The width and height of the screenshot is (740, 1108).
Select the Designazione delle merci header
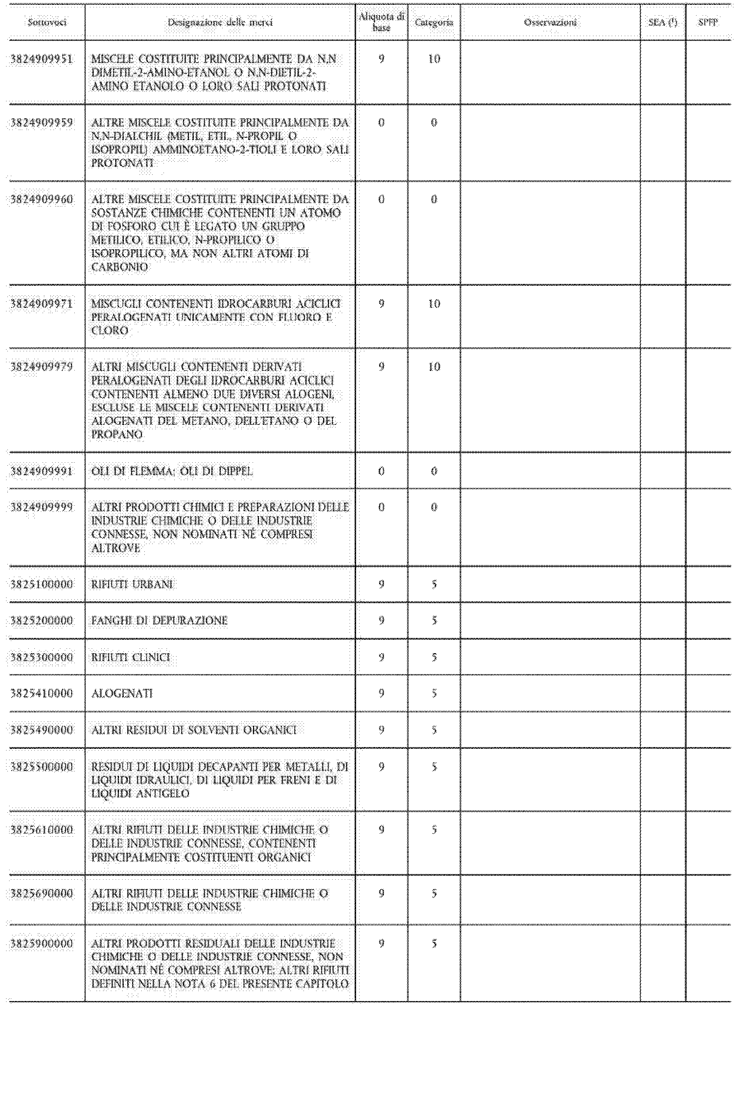tap(220, 22)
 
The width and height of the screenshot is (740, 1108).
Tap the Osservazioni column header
tap(550, 22)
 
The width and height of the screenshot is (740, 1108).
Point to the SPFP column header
tap(708, 22)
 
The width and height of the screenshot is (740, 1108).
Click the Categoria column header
tap(434, 22)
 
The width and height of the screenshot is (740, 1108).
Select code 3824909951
tap(42, 59)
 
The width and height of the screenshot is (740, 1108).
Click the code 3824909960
tap(42, 199)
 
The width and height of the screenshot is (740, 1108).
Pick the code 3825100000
tap(42, 584)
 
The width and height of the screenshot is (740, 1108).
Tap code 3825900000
tap(42, 943)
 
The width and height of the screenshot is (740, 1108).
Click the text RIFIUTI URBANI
tap(132, 584)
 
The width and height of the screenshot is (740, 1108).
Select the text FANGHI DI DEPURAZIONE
tap(160, 621)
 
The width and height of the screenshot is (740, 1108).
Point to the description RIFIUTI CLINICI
tap(131, 657)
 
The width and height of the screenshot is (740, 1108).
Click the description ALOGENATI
tap(122, 693)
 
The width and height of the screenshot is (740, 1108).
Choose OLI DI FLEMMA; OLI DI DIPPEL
tap(172, 471)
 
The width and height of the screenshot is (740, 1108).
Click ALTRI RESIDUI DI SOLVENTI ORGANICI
tap(194, 730)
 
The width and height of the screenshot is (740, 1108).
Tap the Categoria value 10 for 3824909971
tap(434, 304)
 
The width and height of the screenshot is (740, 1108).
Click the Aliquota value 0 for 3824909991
tap(381, 471)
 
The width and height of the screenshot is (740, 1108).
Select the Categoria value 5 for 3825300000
tap(434, 657)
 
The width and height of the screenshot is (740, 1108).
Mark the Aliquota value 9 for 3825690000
tap(381, 893)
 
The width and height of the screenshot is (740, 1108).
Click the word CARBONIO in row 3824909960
tap(120, 267)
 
